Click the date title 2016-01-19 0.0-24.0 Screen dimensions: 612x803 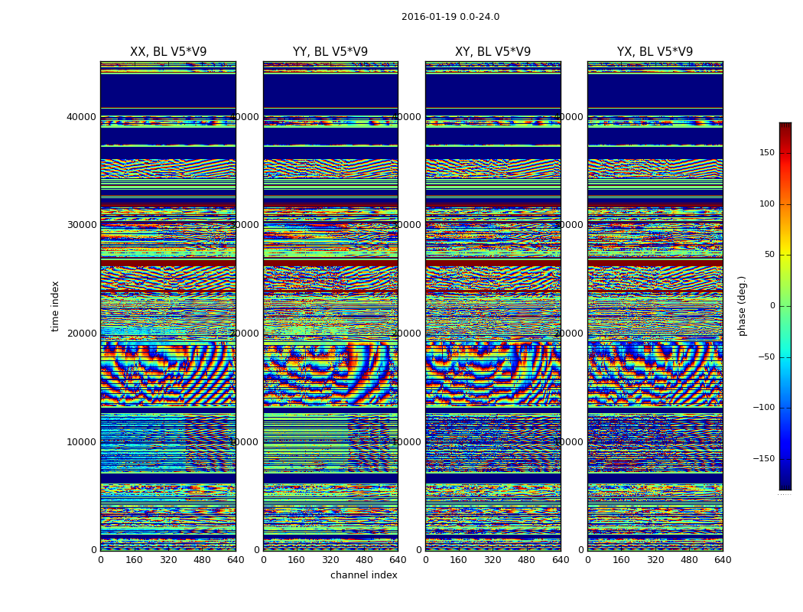click(450, 17)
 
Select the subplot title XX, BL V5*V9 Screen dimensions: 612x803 click(168, 52)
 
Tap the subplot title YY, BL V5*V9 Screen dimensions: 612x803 click(330, 52)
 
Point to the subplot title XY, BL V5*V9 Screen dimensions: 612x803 click(493, 52)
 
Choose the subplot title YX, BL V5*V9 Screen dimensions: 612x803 click(655, 52)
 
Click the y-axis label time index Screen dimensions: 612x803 click(55, 306)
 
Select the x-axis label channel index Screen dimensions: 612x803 click(364, 575)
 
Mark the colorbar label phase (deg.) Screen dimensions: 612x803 click(742, 306)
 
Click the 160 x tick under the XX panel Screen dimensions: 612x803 click(134, 560)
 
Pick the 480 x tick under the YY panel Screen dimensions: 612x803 click(364, 560)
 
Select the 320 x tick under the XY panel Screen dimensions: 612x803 click(493, 560)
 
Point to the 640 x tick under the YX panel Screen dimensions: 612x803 click(723, 560)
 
